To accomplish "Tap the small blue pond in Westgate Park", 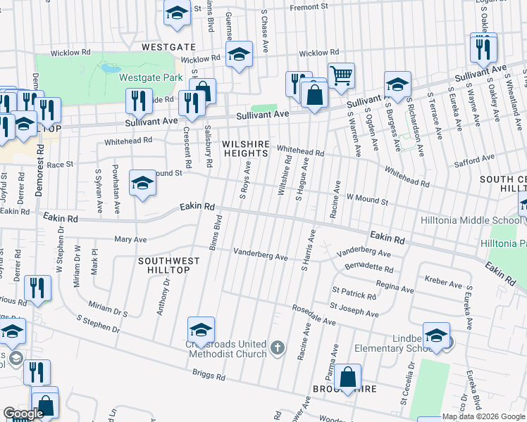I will tap(109, 69).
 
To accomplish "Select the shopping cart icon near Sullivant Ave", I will tap(342, 74).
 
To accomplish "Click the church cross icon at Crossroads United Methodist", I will tap(278, 347).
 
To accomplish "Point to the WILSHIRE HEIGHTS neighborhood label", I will tap(246, 148).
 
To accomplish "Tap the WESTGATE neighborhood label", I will tap(168, 46).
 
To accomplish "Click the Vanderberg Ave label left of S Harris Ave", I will tap(261, 257).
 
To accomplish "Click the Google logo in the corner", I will tap(23, 414).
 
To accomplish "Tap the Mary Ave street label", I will tap(130, 239).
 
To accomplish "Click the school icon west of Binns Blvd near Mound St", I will tap(142, 183).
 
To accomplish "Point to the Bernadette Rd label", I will tap(369, 268).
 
